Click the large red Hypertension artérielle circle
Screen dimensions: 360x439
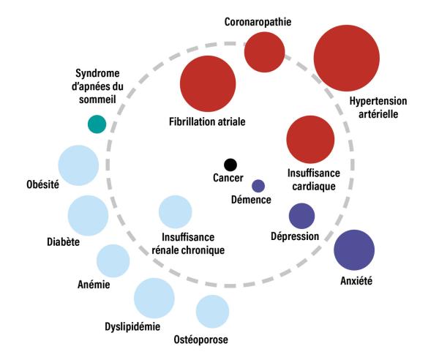click(x=347, y=59)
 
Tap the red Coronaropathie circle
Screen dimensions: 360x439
click(x=264, y=52)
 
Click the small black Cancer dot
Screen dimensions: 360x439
click(x=230, y=165)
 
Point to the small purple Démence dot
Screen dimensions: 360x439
click(x=258, y=185)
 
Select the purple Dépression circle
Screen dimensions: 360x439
click(x=301, y=216)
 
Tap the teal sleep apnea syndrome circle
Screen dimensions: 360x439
click(x=96, y=124)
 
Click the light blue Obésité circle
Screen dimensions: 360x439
click(x=78, y=165)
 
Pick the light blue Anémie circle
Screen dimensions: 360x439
click(x=113, y=261)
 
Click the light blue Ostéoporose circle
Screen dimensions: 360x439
click(x=212, y=311)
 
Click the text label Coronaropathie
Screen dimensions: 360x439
click(x=257, y=22)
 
